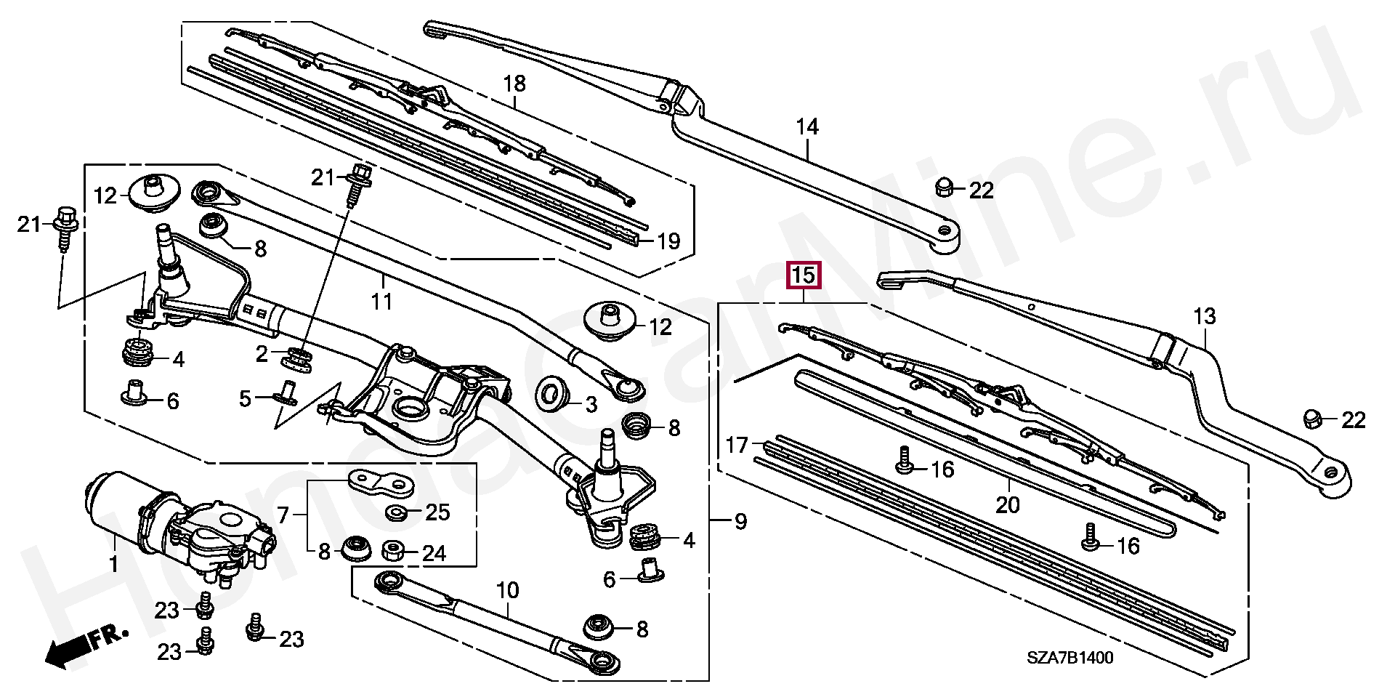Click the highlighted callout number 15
click(804, 275)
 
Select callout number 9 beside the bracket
click(740, 522)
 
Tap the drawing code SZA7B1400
click(1069, 658)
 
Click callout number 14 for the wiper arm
click(806, 127)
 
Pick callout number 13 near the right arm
click(1205, 316)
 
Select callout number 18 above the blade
click(514, 84)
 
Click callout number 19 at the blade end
click(668, 241)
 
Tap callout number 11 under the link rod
click(382, 301)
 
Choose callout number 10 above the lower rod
click(508, 590)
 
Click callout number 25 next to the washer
click(437, 512)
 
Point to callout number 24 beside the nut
click(434, 554)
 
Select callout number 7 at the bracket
click(283, 516)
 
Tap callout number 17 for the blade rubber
click(737, 444)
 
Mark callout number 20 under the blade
click(1008, 504)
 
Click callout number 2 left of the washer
click(262, 354)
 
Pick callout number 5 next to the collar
click(246, 398)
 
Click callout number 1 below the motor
click(113, 564)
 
